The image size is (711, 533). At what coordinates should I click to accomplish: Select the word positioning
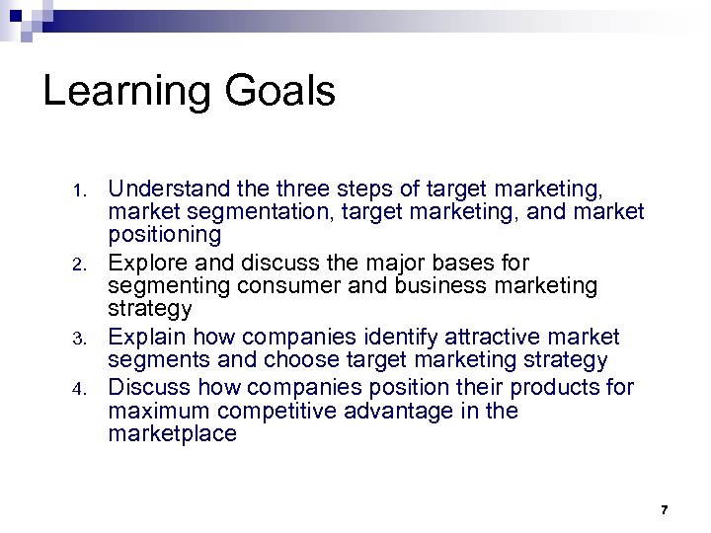coord(165,236)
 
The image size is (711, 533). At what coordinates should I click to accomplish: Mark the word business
coord(441,286)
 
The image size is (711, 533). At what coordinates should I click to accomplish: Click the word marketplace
coord(173,433)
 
